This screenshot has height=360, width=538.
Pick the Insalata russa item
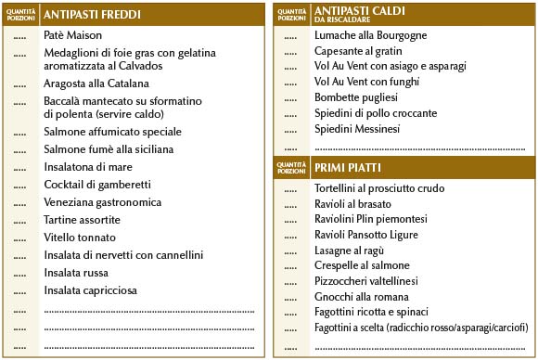75,273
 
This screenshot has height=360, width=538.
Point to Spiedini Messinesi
357,129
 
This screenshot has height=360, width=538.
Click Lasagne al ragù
349,251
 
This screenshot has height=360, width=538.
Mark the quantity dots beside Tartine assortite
20,221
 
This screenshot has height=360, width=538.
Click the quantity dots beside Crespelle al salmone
290,266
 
